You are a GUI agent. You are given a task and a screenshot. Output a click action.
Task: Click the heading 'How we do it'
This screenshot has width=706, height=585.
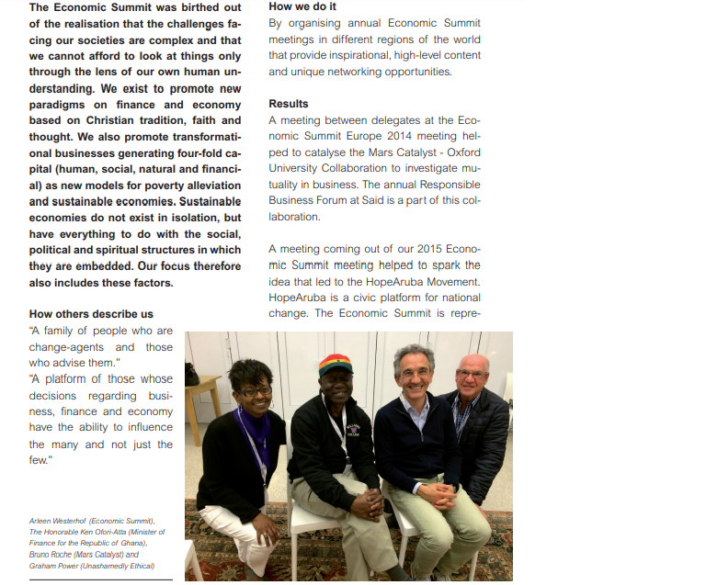pos(302,6)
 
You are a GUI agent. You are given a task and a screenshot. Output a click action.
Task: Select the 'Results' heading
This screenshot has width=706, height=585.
pos(288,104)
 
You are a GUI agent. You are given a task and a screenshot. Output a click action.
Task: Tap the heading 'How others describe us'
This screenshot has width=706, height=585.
pos(91,314)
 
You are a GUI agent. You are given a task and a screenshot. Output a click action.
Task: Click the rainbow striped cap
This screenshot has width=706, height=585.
pos(336,364)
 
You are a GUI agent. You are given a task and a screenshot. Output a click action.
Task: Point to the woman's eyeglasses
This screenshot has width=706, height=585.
pos(255,390)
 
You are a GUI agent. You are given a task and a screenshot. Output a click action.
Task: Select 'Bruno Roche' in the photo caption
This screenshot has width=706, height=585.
pos(50,555)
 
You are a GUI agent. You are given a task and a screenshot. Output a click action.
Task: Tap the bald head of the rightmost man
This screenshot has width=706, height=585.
pos(473,364)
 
